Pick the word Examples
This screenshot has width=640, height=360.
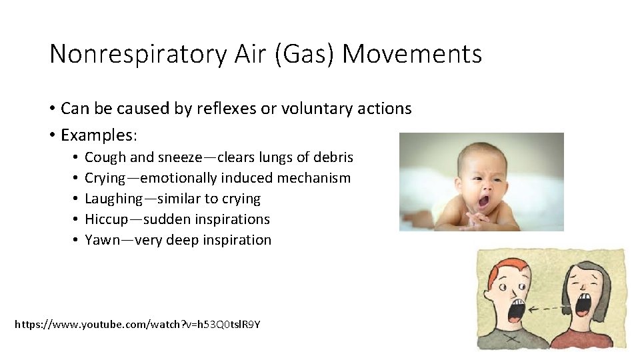pyautogui.click(x=98, y=135)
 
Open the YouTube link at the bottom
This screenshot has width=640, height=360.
pyautogui.click(x=137, y=325)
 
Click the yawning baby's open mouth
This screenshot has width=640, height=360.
pyautogui.click(x=483, y=200)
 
